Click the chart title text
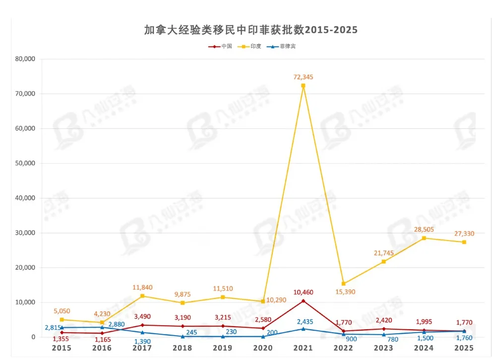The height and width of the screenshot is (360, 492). click(x=250, y=30)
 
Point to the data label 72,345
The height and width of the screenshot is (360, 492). click(x=303, y=77)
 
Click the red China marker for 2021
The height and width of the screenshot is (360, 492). click(x=303, y=300)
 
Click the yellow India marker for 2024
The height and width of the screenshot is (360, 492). click(x=424, y=238)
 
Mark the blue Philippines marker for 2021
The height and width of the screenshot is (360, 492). click(x=303, y=329)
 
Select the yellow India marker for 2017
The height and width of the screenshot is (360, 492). click(x=142, y=296)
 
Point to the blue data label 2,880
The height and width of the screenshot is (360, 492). click(x=118, y=324)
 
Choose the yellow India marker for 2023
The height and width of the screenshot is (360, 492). click(x=384, y=261)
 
